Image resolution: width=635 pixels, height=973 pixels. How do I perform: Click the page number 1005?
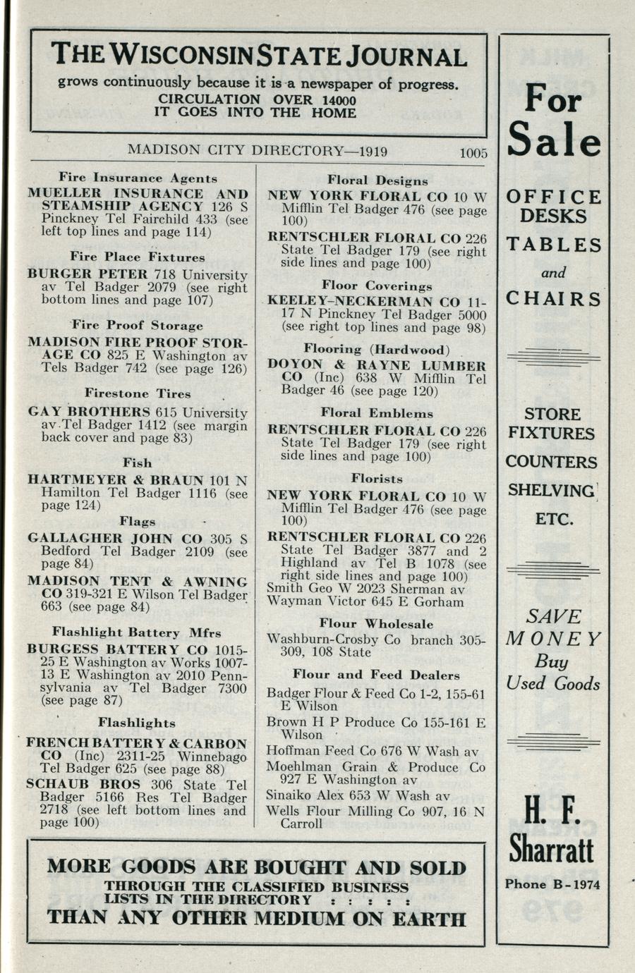tap(473, 152)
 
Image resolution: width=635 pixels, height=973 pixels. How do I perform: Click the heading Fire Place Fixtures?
tap(138, 257)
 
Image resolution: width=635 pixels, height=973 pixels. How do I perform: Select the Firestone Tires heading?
tap(138, 393)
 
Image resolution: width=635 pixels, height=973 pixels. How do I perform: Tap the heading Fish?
tap(138, 463)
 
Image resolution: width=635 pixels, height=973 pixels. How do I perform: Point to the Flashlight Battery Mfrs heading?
tap(136, 632)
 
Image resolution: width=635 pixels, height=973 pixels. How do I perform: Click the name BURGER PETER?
tap(87, 274)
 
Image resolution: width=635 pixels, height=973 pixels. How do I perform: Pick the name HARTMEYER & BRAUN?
tap(116, 480)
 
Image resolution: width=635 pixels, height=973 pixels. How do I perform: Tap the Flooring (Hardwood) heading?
tap(377, 349)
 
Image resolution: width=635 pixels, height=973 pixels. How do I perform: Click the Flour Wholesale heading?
tap(376, 623)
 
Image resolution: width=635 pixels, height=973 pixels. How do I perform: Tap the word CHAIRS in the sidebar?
tap(554, 299)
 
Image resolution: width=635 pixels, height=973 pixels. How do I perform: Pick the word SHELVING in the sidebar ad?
tap(551, 490)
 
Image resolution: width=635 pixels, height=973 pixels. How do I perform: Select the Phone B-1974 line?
tap(552, 885)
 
